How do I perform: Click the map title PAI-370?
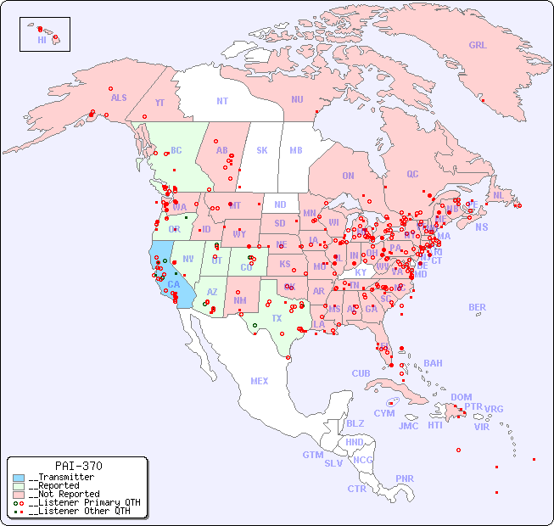(79, 466)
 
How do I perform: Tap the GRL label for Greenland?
(478, 46)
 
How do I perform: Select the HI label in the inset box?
(42, 40)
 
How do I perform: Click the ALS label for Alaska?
(119, 98)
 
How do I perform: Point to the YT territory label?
(159, 103)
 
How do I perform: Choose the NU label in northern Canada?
(297, 99)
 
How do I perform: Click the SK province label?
(262, 150)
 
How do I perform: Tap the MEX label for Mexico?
(260, 381)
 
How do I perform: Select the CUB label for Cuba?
(361, 373)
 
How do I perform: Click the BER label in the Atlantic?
(477, 307)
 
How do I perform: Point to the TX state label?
(277, 318)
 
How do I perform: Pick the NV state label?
(188, 259)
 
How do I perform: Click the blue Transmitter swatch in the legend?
(19, 478)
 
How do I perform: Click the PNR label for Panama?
(405, 478)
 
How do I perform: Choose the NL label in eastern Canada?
(498, 194)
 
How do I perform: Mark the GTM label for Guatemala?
(312, 455)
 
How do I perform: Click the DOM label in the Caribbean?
(461, 397)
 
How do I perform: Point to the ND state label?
(280, 204)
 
